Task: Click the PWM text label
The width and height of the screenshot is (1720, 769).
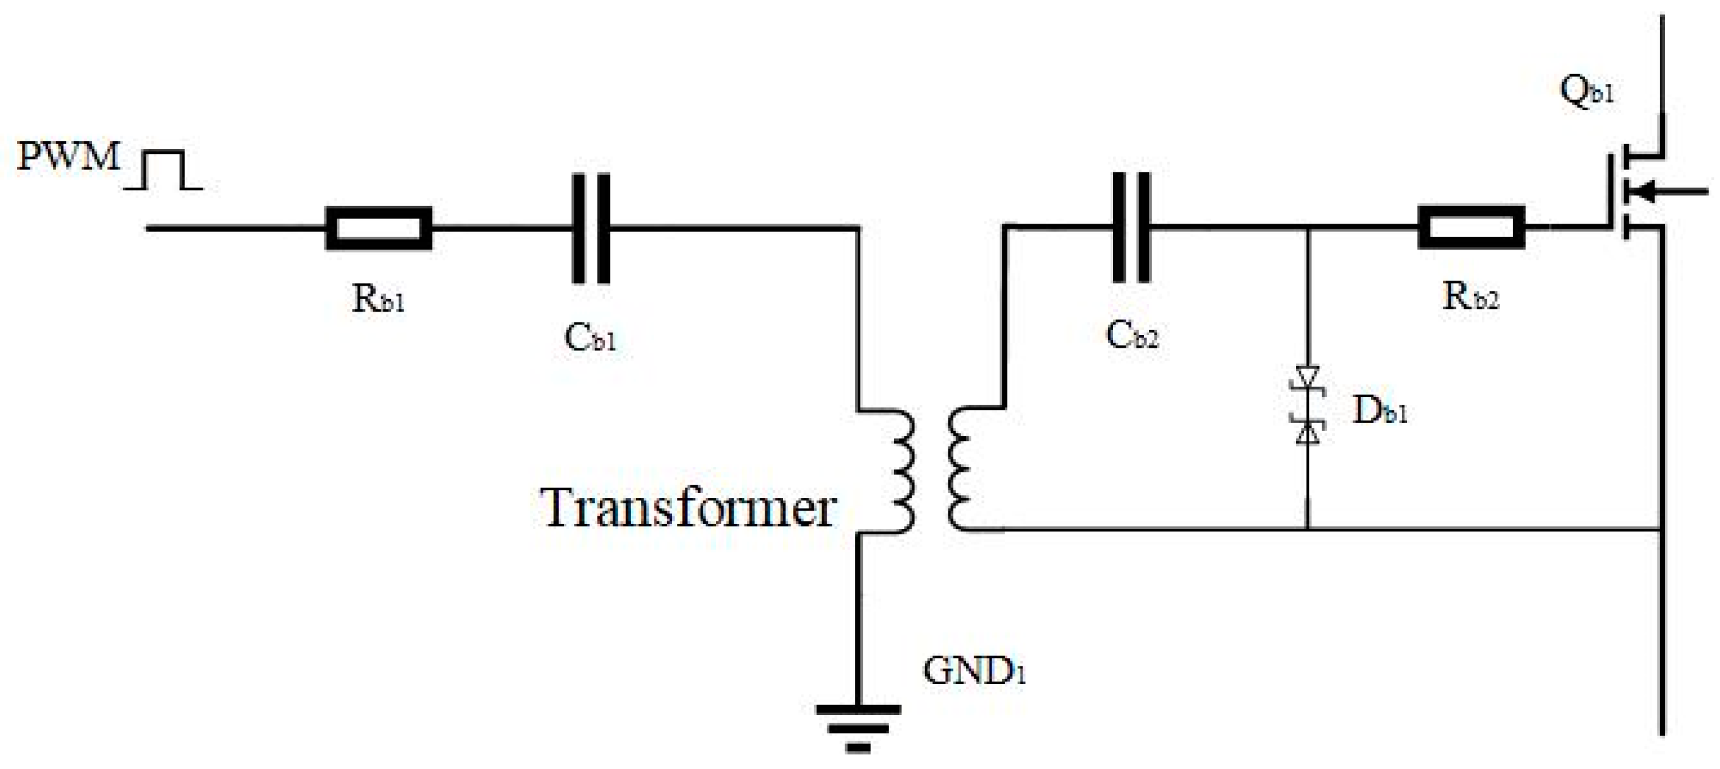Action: [68, 157]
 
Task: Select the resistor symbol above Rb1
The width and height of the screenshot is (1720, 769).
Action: [378, 228]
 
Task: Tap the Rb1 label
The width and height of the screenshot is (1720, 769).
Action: [379, 300]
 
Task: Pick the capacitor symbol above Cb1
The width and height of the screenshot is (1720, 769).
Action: [591, 228]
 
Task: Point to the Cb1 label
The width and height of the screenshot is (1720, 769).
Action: [590, 338]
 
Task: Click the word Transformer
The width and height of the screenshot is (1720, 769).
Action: [688, 509]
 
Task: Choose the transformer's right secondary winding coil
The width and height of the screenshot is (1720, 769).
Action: [960, 471]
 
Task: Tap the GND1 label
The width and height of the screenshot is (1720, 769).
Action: [974, 671]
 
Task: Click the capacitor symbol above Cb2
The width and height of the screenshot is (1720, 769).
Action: [1131, 227]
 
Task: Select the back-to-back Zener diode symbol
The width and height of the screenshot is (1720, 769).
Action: [1308, 405]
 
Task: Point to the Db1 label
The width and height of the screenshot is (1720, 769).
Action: [1379, 411]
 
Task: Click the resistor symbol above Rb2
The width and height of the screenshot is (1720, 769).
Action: [1471, 227]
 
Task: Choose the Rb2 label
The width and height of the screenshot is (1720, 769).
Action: [1471, 297]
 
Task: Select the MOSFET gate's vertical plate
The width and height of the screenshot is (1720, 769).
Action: [1610, 193]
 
